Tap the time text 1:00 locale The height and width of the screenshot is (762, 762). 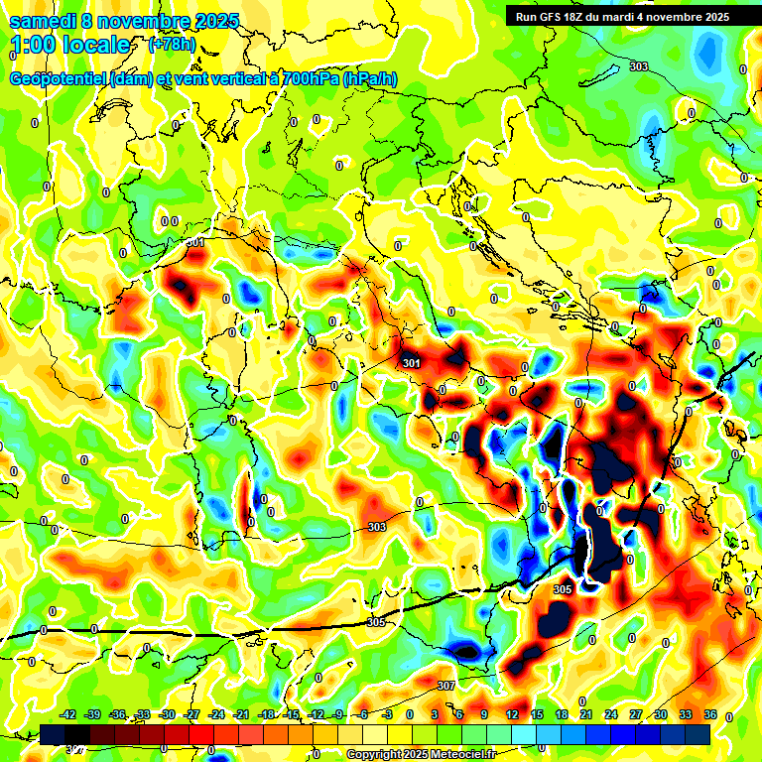(x=70, y=45)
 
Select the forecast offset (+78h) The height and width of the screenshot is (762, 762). (x=171, y=45)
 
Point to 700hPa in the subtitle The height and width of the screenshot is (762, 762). (x=305, y=79)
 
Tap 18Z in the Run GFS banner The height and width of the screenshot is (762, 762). (x=574, y=17)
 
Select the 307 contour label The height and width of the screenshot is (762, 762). (x=445, y=686)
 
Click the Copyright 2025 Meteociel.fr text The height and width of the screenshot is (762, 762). (x=421, y=755)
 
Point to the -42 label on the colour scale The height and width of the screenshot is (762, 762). (x=67, y=714)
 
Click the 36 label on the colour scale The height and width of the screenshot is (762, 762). (x=710, y=714)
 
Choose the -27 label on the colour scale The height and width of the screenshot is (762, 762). (x=191, y=714)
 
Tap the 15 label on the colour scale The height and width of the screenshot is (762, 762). (x=537, y=714)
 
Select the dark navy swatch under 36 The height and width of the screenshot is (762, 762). (x=698, y=734)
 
